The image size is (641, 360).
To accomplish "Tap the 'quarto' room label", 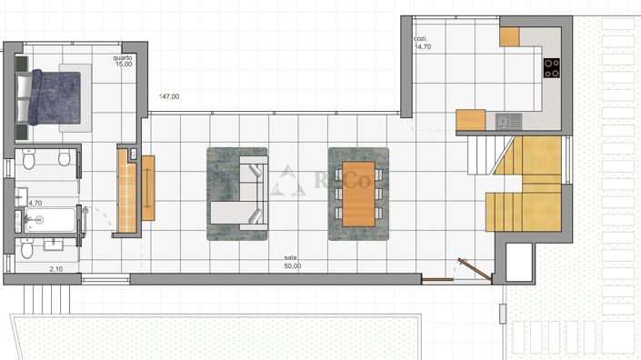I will (x=123, y=57).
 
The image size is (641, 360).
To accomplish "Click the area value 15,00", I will (x=123, y=65).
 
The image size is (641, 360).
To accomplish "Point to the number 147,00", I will (x=169, y=96).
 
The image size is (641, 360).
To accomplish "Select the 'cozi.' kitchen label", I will (x=420, y=39).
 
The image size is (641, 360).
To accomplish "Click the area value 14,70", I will (x=422, y=47).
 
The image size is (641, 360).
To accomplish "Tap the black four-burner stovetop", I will (x=551, y=66).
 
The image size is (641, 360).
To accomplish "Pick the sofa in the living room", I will (x=244, y=192).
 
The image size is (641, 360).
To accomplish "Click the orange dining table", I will (x=358, y=194).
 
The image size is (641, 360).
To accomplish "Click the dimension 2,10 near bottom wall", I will (x=56, y=269).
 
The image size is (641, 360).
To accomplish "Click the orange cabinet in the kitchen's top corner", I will (x=508, y=36).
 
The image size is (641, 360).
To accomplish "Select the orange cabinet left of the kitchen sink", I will (x=471, y=120).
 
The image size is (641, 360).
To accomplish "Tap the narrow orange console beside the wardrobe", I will (x=148, y=187).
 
